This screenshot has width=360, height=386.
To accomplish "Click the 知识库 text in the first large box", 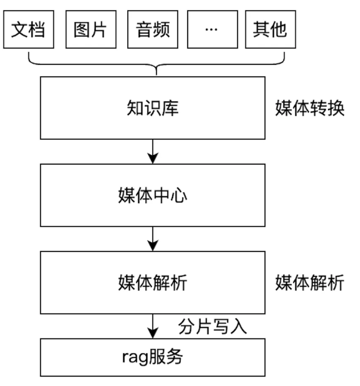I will point(153,109).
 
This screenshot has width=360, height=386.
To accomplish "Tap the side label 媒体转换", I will point(310,109).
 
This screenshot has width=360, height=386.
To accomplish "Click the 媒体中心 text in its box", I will point(153,196).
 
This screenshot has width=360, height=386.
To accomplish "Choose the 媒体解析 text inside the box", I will point(153,283).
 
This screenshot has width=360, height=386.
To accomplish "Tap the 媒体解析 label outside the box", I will point(310,283).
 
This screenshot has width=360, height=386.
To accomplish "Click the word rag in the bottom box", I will point(134,357).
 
